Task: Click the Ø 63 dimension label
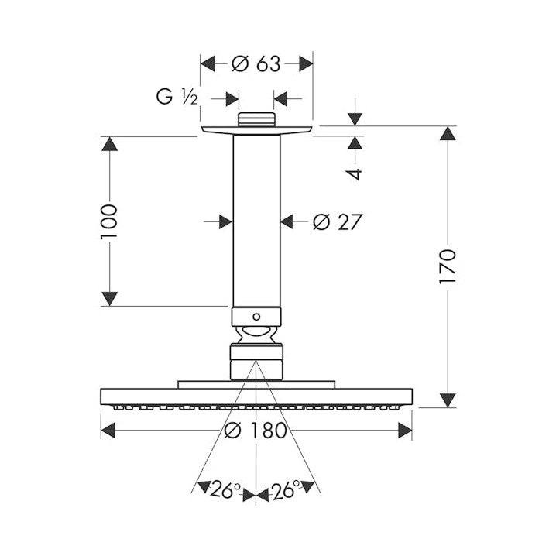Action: pyautogui.click(x=256, y=64)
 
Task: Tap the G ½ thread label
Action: pyautogui.click(x=177, y=96)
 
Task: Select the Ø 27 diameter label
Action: pyautogui.click(x=337, y=222)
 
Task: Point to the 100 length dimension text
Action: pyautogui.click(x=108, y=221)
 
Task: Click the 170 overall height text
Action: pyautogui.click(x=447, y=266)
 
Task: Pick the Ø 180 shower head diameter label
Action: pyautogui.click(x=256, y=430)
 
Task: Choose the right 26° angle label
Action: pyautogui.click(x=286, y=489)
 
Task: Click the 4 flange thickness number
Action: pyautogui.click(x=355, y=173)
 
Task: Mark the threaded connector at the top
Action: pyautogui.click(x=256, y=119)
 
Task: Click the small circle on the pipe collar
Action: pyautogui.click(x=256, y=316)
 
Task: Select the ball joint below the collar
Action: pyautogui.click(x=256, y=335)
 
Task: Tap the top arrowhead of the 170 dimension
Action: pyautogui.click(x=448, y=133)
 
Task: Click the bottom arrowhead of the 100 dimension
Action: pyautogui.click(x=109, y=299)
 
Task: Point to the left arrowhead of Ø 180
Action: pyautogui.click(x=108, y=431)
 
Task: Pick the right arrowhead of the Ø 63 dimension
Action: pyautogui.click(x=306, y=63)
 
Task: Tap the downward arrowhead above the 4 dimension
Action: pyautogui.click(x=355, y=119)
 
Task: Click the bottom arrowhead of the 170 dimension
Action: pyautogui.click(x=448, y=400)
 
